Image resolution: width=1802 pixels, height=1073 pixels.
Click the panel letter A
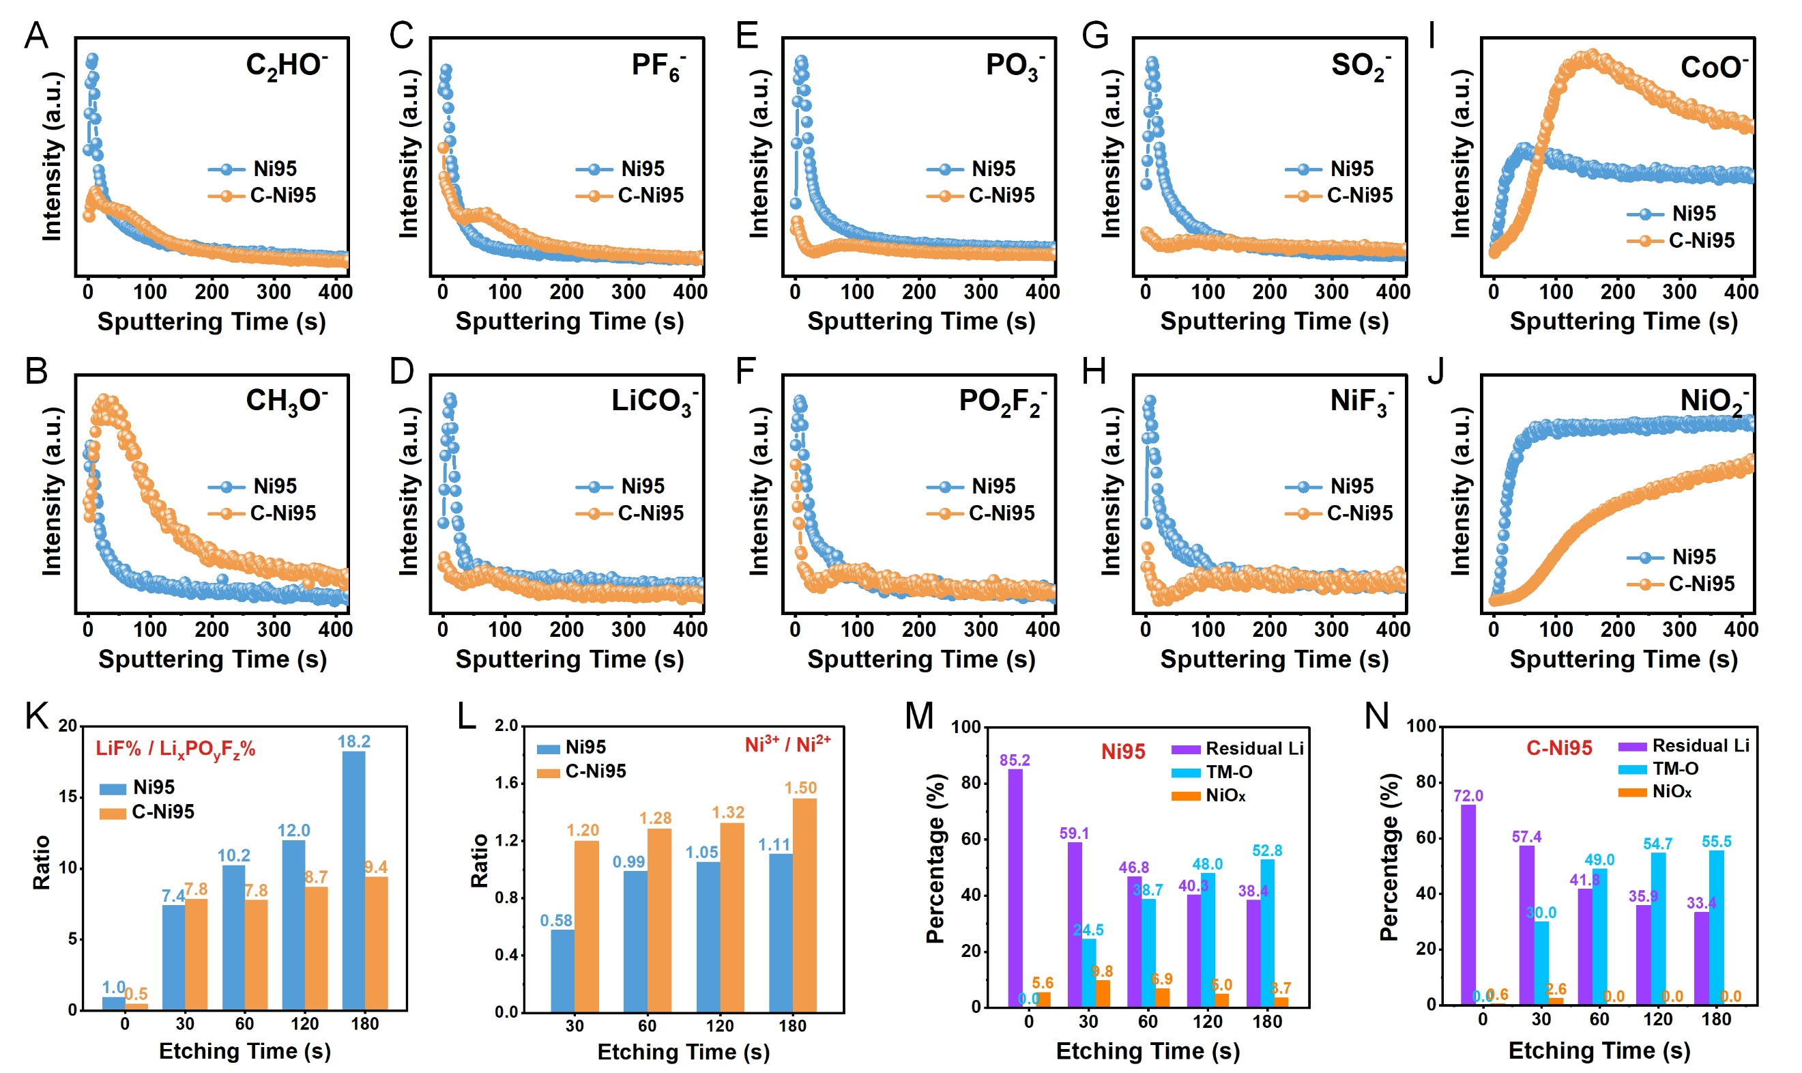coord(36,35)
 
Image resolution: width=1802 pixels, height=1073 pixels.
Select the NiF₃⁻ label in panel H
coord(1361,402)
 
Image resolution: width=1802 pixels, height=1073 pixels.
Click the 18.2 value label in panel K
coord(354,741)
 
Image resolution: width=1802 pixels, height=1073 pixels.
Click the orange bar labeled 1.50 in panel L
coord(804,904)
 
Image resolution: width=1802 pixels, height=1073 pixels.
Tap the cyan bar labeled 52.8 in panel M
coord(1267,932)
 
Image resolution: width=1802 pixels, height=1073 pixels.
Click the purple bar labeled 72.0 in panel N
coord(1468,904)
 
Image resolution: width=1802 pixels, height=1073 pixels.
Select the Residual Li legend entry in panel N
coord(1683,746)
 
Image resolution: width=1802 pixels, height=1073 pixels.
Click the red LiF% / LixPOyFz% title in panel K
coord(175,749)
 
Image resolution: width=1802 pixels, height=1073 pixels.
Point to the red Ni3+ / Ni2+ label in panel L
coord(787,745)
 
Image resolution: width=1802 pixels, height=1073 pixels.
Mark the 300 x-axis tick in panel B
coord(273,629)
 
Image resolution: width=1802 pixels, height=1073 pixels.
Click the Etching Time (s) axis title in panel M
coord(1147,1050)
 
